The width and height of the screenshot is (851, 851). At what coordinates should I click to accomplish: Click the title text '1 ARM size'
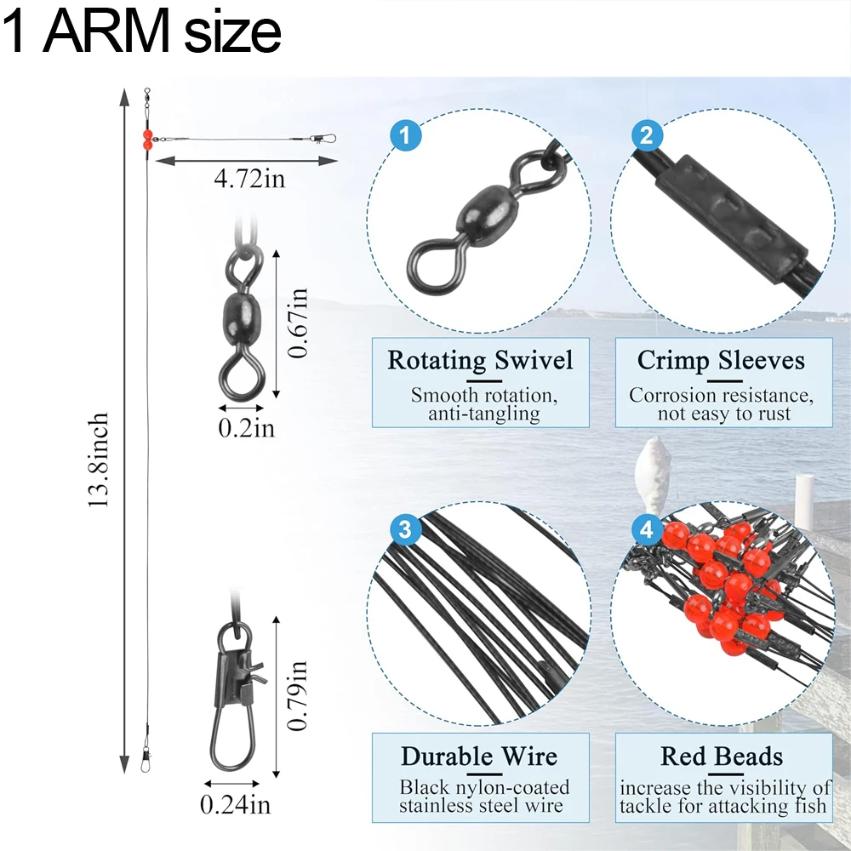(141, 32)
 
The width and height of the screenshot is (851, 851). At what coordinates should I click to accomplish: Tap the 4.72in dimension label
(249, 179)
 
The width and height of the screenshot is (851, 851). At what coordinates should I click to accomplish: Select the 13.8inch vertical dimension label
(100, 460)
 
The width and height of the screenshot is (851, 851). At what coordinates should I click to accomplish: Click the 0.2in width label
(246, 427)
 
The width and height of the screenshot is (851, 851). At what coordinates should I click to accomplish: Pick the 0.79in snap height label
(297, 694)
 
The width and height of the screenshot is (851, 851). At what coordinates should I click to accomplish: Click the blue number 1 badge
(405, 135)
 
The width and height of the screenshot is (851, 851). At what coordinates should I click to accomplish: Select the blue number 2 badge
(647, 135)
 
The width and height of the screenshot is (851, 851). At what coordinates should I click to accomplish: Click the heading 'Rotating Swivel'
(480, 360)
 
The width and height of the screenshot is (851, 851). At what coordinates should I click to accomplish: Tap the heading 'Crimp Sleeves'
(721, 360)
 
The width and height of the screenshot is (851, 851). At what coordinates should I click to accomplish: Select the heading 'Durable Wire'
(480, 757)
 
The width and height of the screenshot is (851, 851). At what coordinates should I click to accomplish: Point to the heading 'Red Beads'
(722, 757)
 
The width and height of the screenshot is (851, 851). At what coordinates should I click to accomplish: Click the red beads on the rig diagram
(147, 140)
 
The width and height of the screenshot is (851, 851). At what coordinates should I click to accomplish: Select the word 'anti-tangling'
(485, 414)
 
